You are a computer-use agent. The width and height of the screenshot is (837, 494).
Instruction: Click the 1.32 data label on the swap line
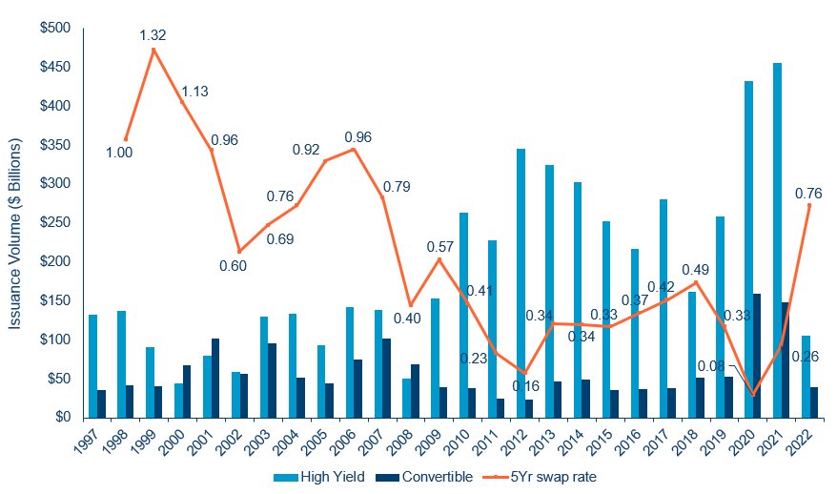pos(153,35)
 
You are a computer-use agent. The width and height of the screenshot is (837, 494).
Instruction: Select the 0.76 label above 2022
pos(807,195)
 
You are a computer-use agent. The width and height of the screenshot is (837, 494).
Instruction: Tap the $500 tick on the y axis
pos(55,28)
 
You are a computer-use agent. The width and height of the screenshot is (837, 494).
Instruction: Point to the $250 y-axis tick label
pos(55,222)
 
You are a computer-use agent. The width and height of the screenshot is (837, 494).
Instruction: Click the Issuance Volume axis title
pos(15,225)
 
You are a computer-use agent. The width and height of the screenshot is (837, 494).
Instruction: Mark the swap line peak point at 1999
pos(153,50)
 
